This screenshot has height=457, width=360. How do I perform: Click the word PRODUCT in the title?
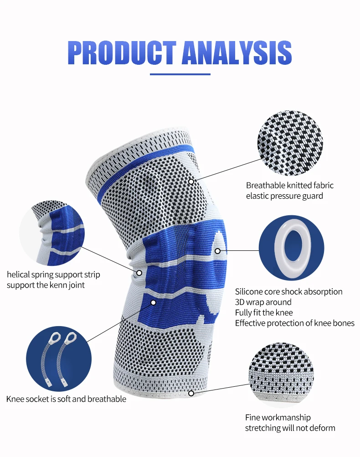pos(122,53)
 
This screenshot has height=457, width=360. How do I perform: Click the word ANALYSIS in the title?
pos(237,53)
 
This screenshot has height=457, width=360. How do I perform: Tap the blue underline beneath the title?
pos(180,74)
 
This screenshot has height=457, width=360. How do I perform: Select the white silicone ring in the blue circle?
pos(292,247)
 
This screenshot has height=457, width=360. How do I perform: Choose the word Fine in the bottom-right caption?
pos(253,418)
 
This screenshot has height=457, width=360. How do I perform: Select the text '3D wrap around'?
pos(263,302)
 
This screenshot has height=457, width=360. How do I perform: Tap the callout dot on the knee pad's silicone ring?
pos(218,251)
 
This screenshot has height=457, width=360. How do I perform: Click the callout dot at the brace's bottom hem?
pos(191,393)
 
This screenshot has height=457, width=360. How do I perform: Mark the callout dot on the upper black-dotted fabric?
pos(191,182)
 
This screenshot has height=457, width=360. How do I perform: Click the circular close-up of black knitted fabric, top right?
pos(290,144)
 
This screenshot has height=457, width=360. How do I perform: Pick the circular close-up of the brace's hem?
pos(281,375)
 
